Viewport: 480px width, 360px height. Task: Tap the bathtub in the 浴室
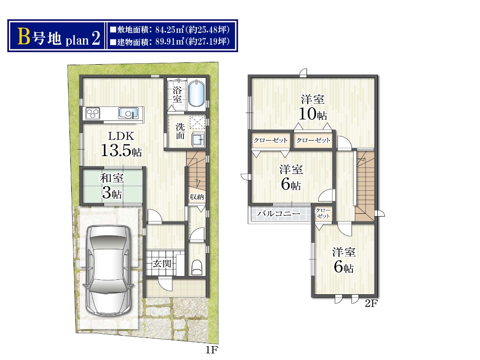pyautogui.click(x=196, y=93)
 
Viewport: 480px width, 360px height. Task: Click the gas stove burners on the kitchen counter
pyautogui.click(x=93, y=113)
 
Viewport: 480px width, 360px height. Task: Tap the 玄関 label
pyautogui.click(x=162, y=263)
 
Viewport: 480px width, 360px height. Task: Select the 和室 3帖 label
pyautogui.click(x=112, y=186)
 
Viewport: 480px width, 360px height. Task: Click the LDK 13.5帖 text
pyautogui.click(x=121, y=144)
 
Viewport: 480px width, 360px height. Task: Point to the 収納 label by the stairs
pyautogui.click(x=196, y=197)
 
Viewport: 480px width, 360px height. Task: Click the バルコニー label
pyautogui.click(x=278, y=213)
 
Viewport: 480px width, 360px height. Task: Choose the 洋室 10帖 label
pyautogui.click(x=313, y=107)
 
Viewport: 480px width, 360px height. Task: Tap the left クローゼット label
pyautogui.click(x=270, y=140)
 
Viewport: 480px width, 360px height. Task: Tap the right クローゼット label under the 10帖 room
pyautogui.click(x=313, y=140)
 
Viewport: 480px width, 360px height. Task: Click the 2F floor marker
pyautogui.click(x=371, y=303)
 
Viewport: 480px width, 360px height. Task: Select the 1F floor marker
pyautogui.click(x=211, y=350)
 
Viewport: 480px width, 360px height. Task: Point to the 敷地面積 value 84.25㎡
pyautogui.click(x=169, y=30)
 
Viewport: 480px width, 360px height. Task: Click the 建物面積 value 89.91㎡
pyautogui.click(x=169, y=42)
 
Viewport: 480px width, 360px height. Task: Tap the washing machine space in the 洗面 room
pyautogui.click(x=197, y=123)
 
